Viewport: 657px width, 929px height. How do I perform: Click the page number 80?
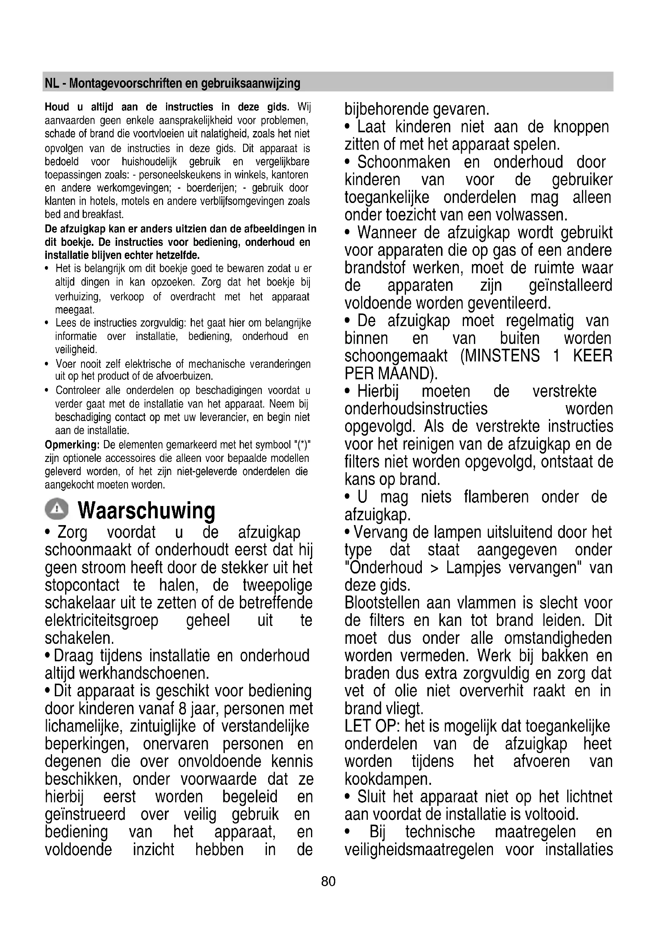point(328,881)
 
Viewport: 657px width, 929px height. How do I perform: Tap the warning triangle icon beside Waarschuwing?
point(57,509)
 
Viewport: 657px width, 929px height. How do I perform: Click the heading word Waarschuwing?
point(147,510)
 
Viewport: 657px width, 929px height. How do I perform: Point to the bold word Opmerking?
point(72,445)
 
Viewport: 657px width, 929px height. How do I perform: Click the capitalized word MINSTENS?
point(500,356)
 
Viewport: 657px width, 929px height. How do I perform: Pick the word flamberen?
point(496,497)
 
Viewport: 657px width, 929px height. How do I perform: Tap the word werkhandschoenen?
point(144,673)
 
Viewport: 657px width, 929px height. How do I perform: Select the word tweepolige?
point(278,585)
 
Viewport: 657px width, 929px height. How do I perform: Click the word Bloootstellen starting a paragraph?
point(382,603)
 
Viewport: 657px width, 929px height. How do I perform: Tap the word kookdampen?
point(388,779)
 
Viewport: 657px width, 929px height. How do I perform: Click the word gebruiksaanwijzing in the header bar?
point(251,83)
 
